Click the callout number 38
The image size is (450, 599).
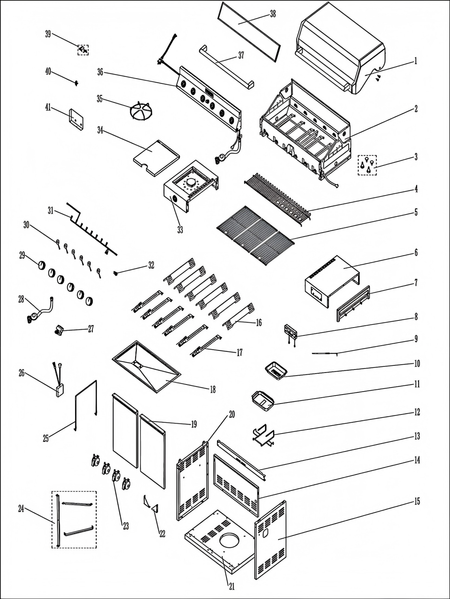[x=273, y=14]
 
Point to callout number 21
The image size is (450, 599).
[x=232, y=587]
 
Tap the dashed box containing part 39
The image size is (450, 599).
[x=83, y=49]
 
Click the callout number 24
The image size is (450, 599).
[x=21, y=509]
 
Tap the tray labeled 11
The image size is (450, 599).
[x=263, y=402]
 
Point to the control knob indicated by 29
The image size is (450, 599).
[x=41, y=265]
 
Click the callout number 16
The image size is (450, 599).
[x=259, y=323]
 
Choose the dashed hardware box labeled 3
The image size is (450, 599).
[x=367, y=165]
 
